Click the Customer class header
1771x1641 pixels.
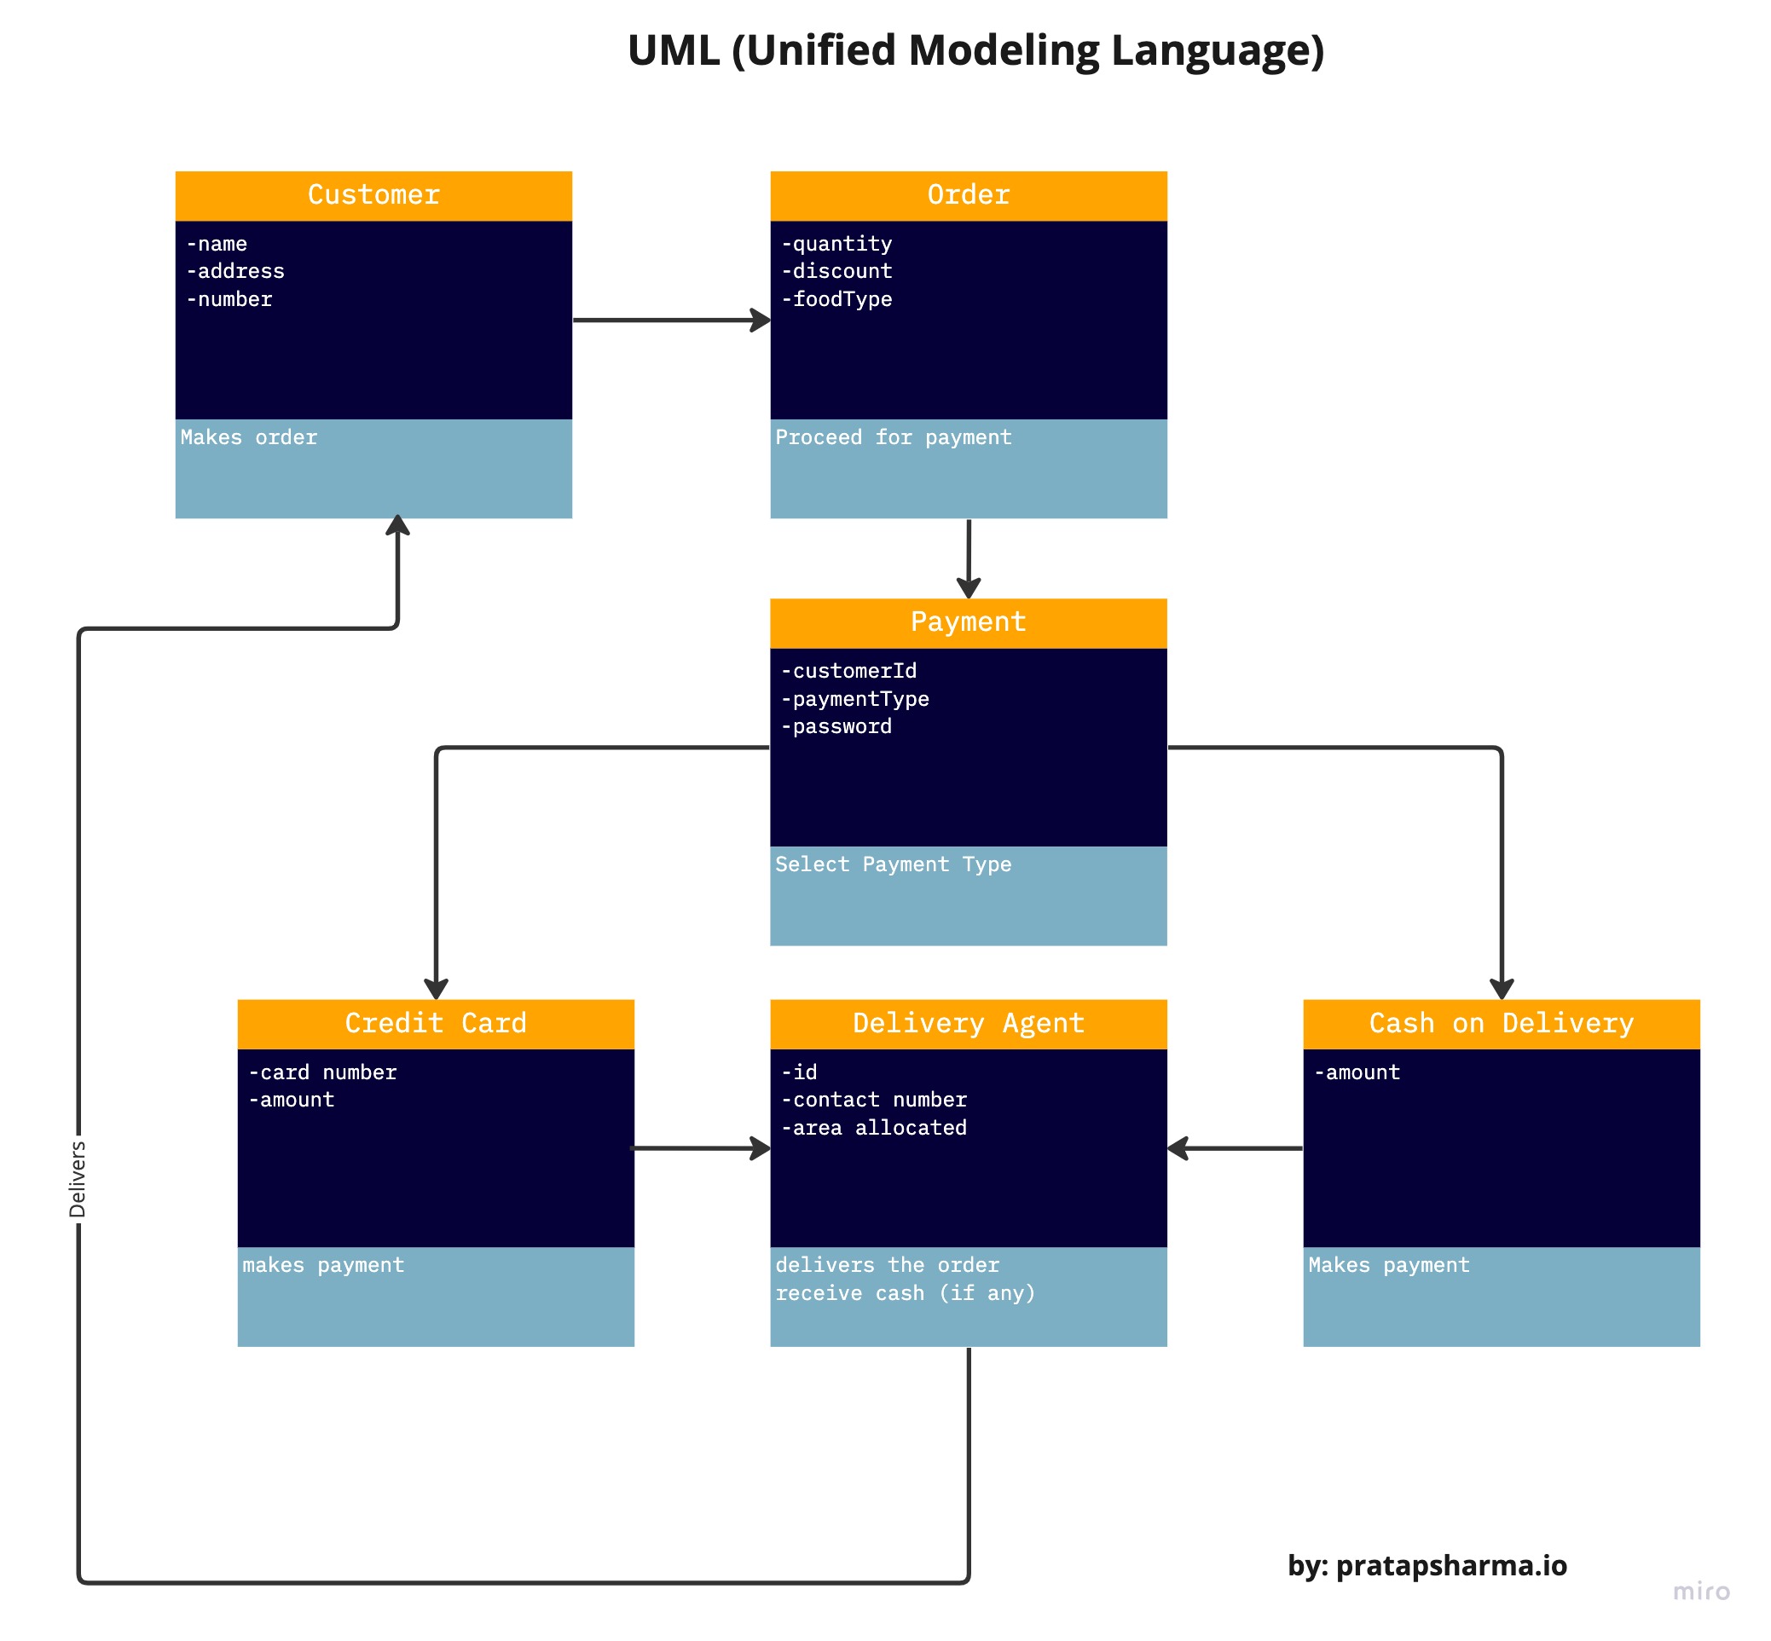373,194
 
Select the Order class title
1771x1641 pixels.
967,194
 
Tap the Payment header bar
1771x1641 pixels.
967,621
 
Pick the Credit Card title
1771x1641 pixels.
435,1023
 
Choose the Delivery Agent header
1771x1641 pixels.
967,1023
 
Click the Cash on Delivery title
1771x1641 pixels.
1500,1023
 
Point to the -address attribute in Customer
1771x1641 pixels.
235,271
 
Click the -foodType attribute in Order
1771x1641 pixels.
836,299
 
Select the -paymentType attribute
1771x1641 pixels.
854,699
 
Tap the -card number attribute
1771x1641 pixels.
322,1072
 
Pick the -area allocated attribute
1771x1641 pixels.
873,1128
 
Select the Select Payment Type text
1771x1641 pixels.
893,864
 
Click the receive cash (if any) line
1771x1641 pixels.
905,1293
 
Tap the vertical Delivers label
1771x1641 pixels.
78,1179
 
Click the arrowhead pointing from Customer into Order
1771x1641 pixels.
761,320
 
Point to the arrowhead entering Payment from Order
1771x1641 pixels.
968,588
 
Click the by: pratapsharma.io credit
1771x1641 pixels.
1427,1564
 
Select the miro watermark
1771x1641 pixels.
1700,1591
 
